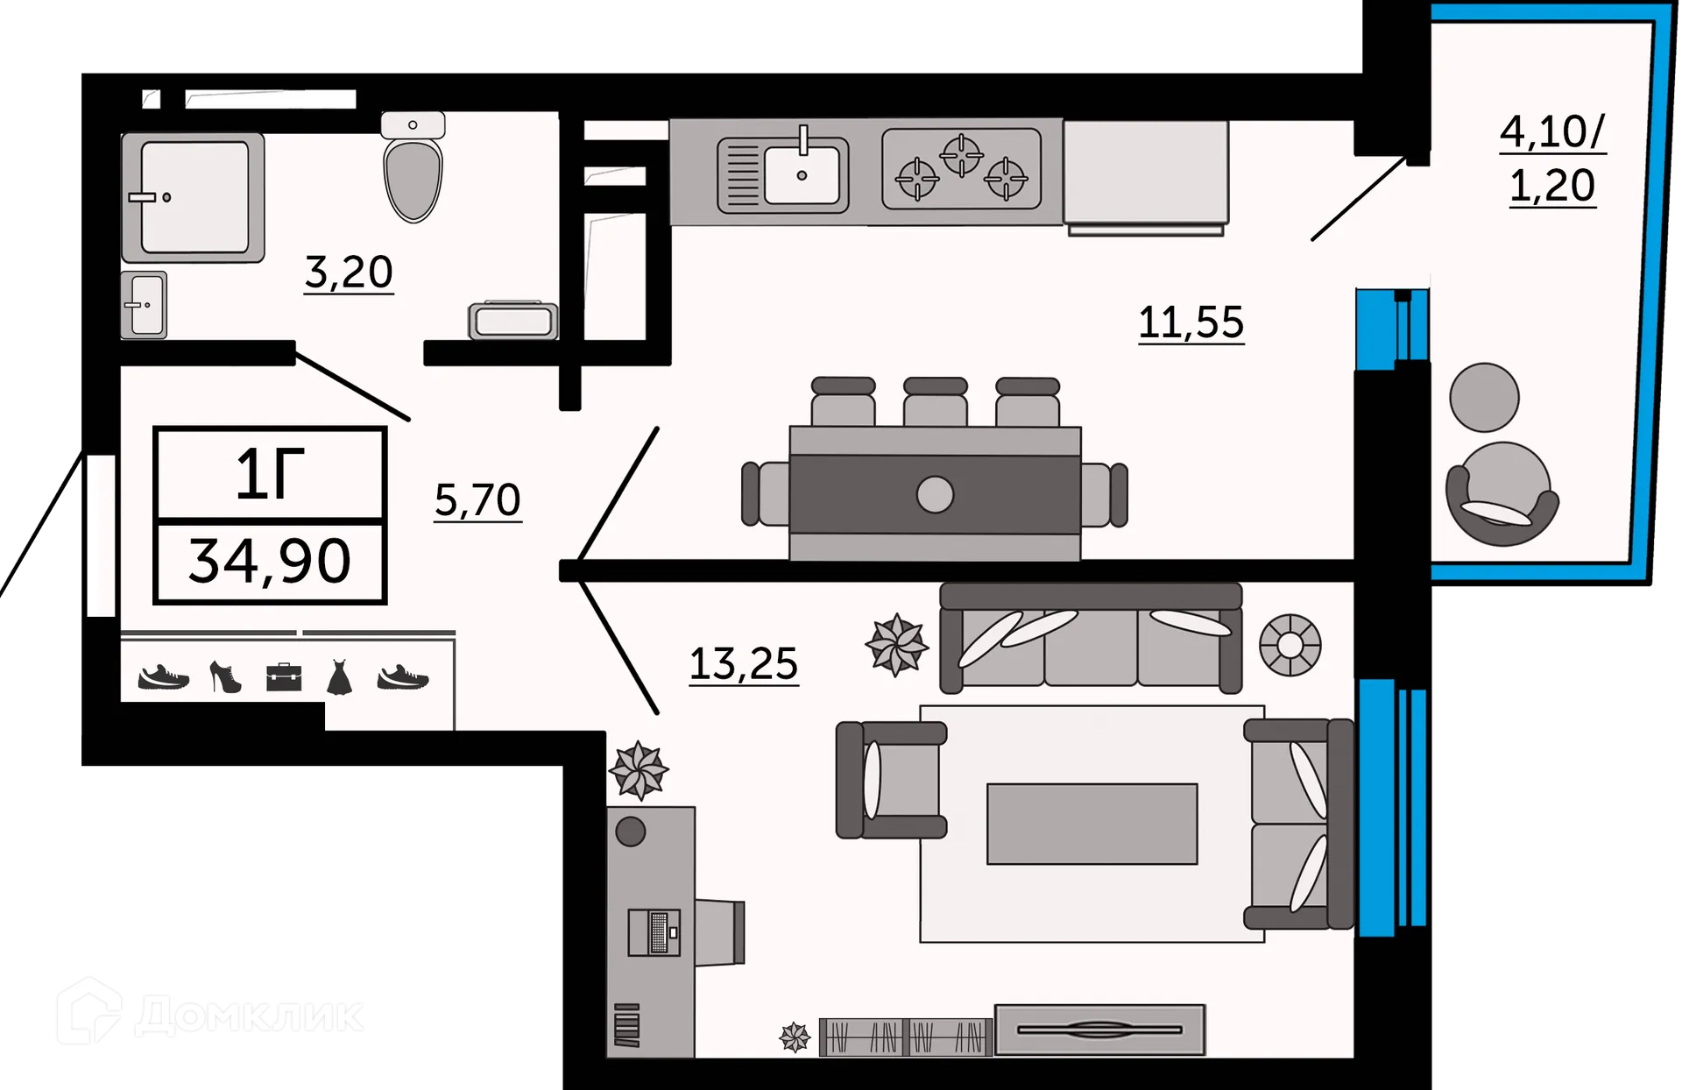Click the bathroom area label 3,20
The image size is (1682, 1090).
tap(349, 273)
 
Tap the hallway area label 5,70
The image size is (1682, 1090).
tap(478, 500)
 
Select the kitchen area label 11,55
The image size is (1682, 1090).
tap(1191, 322)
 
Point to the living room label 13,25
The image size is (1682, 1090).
tap(744, 664)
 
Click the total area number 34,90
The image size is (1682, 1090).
tap(270, 562)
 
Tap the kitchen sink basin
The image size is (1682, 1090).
tap(802, 174)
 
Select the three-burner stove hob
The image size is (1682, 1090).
tap(962, 169)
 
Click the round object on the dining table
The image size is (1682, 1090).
tap(935, 494)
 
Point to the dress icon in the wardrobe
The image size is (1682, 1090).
tap(339, 678)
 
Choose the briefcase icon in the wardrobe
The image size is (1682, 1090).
tap(284, 677)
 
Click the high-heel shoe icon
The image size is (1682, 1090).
tap(225, 677)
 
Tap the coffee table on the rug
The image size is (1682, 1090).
tap(1092, 824)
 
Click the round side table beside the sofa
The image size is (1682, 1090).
tap(1290, 645)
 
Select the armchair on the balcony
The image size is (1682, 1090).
tap(1502, 494)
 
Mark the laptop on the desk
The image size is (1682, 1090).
tap(654, 932)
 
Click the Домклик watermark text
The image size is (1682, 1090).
tap(250, 1016)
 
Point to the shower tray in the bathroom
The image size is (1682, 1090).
tap(193, 198)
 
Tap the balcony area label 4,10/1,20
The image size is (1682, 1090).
tap(1552, 159)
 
